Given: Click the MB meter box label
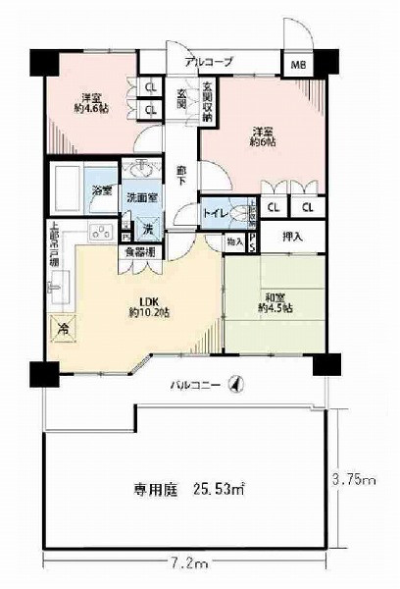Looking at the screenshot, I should [x=295, y=66].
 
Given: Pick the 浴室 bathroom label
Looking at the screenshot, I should [x=101, y=189].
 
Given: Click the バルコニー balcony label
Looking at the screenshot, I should [x=190, y=383].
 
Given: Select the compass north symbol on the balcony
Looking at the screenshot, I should [x=233, y=383].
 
